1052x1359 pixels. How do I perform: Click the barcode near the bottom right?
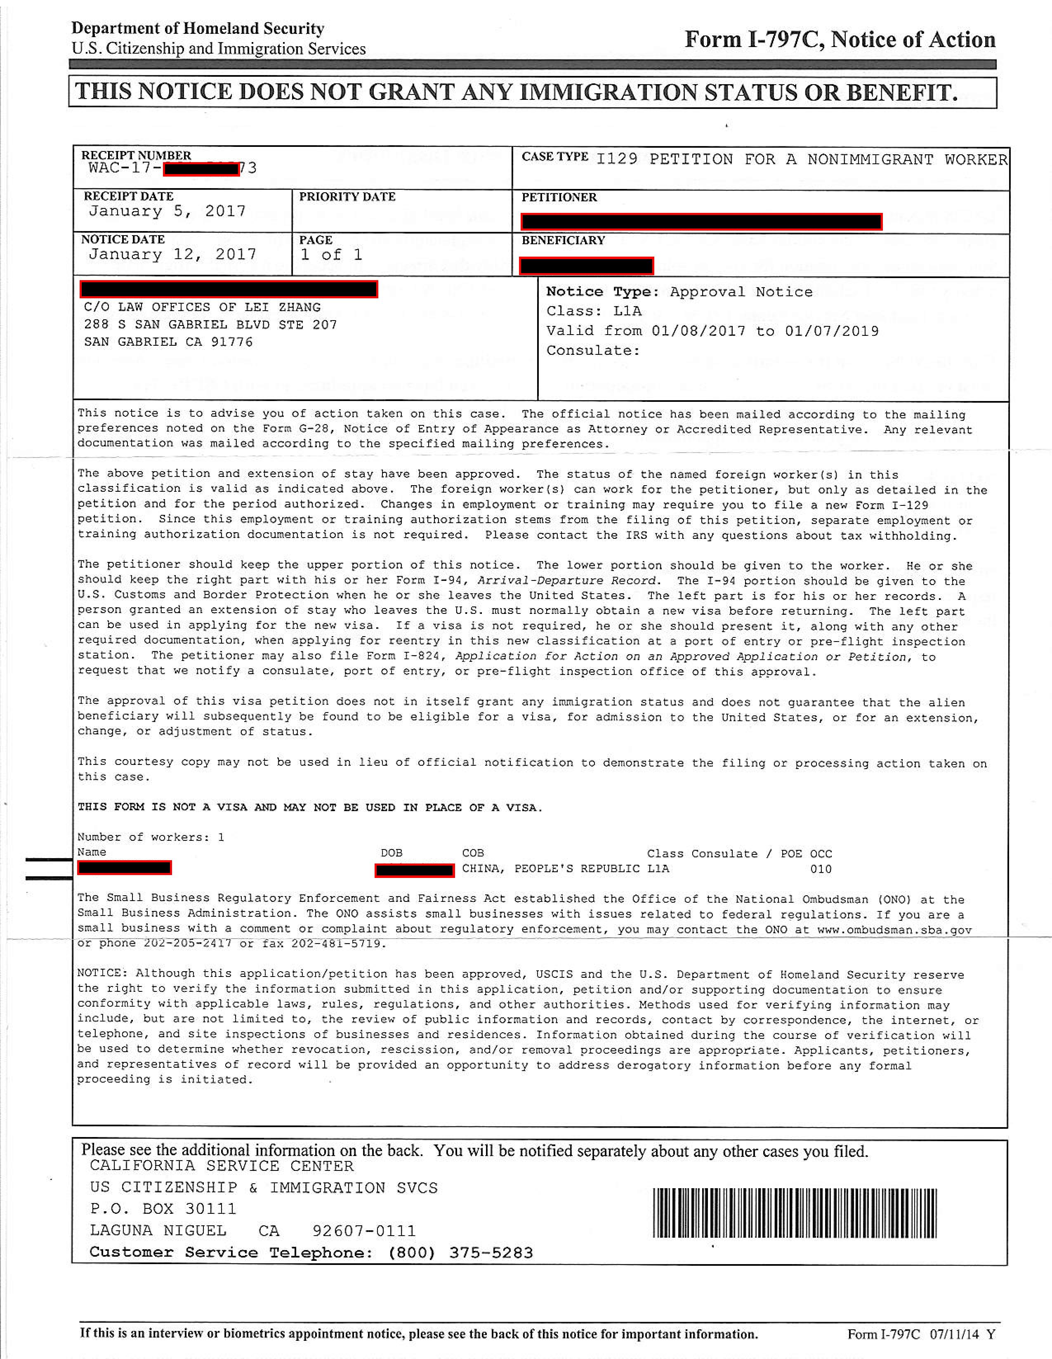click(795, 1213)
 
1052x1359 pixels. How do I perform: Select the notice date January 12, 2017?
click(172, 255)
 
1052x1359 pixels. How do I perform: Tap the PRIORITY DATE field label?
click(347, 197)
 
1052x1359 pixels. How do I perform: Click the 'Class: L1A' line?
click(594, 311)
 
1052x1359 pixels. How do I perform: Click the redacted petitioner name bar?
click(701, 222)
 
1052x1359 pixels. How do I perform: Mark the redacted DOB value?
click(414, 870)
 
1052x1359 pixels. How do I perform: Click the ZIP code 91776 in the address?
click(231, 342)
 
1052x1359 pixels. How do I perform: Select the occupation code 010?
click(821, 869)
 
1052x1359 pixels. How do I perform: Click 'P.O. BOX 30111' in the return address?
click(163, 1209)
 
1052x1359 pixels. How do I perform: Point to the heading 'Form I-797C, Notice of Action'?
click(840, 40)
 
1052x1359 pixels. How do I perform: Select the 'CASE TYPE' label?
click(554, 157)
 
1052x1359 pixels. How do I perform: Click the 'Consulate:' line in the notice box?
click(593, 350)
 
